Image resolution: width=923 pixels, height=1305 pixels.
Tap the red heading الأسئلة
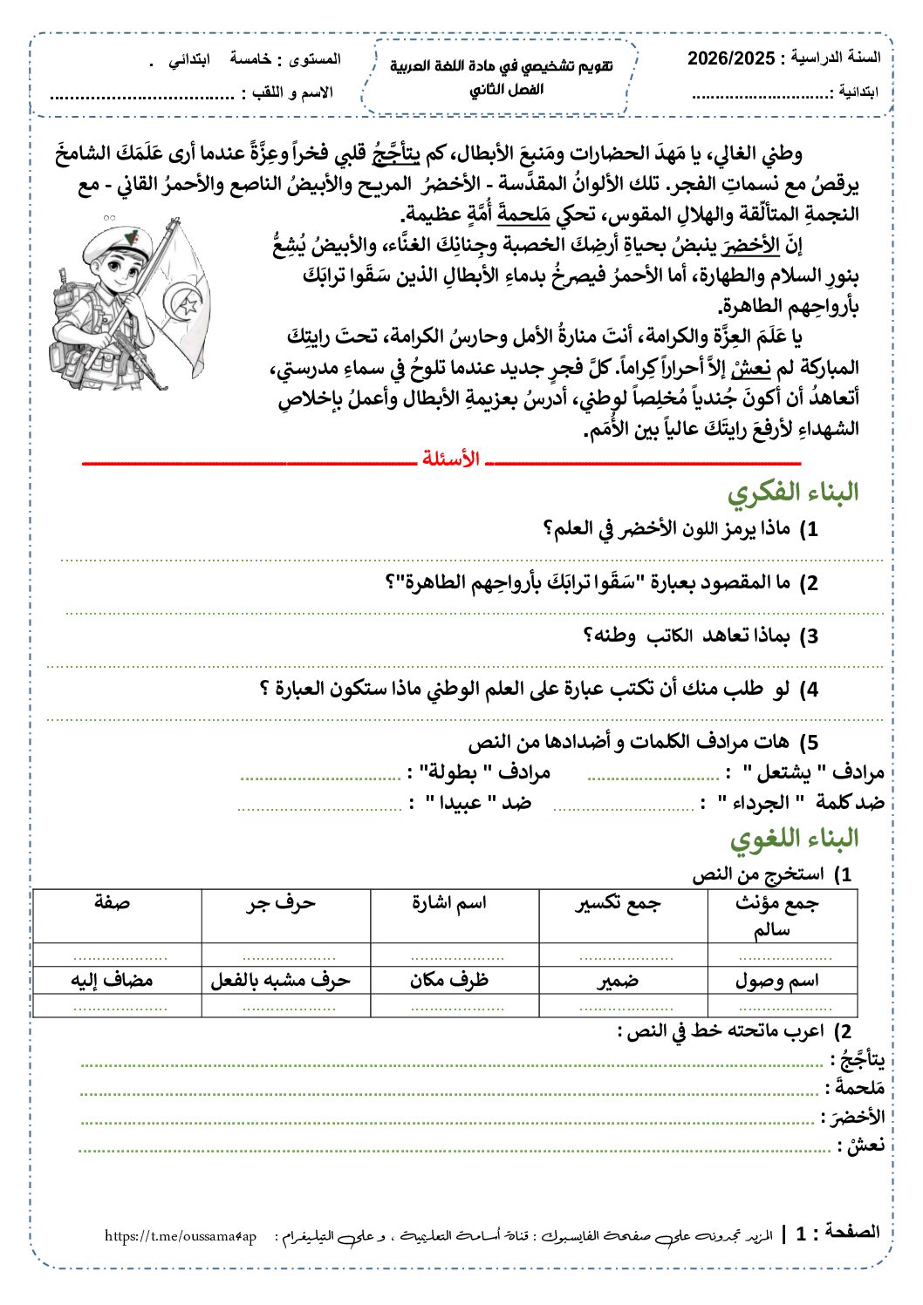click(451, 459)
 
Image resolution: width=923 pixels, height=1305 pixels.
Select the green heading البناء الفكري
click(792, 493)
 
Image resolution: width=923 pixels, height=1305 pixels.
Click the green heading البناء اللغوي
click(794, 839)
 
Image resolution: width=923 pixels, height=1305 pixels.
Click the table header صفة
click(113, 903)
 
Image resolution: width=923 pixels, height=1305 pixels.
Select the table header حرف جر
click(280, 903)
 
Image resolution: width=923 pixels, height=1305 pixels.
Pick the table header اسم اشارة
click(449, 903)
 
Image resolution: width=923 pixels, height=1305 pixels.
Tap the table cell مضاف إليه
click(113, 980)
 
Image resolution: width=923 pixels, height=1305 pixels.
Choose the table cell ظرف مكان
click(449, 980)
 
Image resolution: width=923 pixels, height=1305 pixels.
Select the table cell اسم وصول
click(777, 980)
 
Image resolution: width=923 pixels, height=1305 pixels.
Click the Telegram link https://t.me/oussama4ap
click(181, 1236)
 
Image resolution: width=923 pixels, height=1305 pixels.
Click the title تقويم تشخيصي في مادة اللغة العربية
click(501, 67)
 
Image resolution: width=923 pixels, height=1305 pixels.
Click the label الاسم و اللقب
click(292, 92)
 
